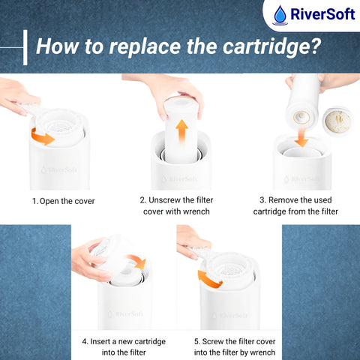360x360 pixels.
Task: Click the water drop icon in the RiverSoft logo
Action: click(280, 15)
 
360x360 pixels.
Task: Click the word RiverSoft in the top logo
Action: click(322, 14)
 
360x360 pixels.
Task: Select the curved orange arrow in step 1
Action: click(42, 136)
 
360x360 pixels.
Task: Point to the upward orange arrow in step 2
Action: click(181, 130)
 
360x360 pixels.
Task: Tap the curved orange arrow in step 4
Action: click(137, 260)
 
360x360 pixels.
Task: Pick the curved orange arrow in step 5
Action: click(208, 280)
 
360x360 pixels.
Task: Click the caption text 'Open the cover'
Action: click(67, 201)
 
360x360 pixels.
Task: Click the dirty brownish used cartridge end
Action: click(337, 121)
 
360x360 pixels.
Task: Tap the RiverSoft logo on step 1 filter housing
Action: click(59, 170)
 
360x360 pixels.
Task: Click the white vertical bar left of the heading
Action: click(25, 47)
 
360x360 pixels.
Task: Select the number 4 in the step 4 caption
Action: click(85, 341)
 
